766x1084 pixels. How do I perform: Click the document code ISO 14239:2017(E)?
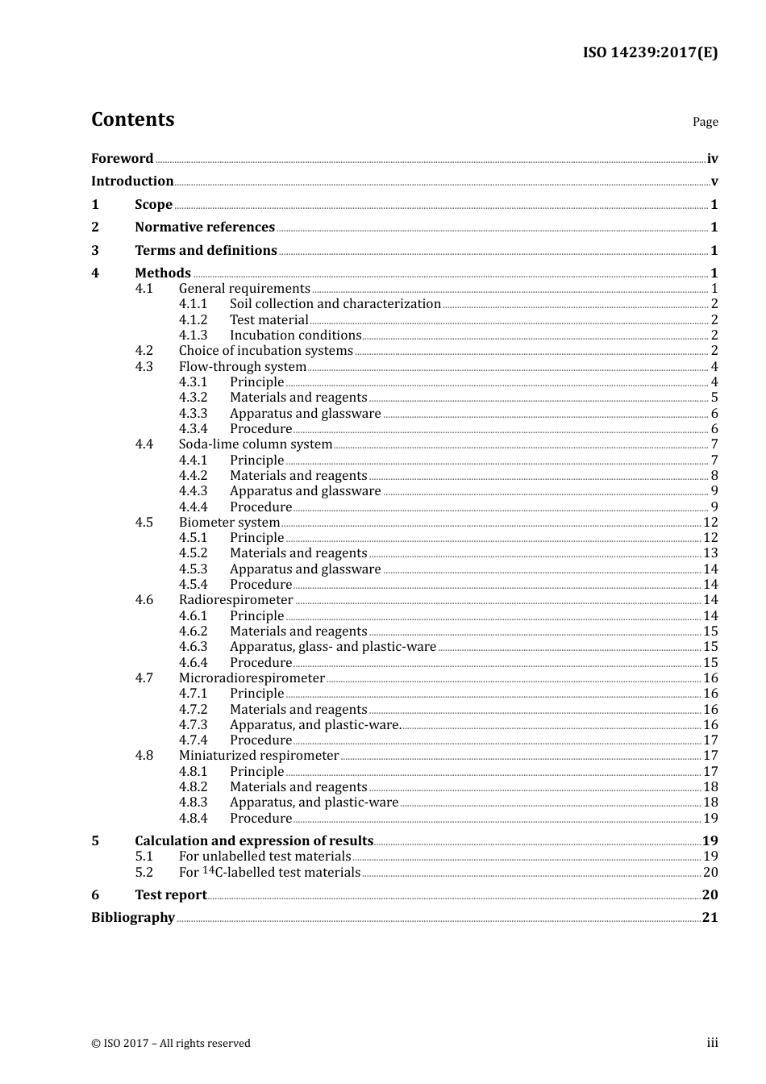650,52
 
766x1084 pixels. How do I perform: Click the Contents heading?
132,119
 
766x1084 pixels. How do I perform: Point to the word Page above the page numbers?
705,122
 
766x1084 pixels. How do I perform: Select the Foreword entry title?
122,158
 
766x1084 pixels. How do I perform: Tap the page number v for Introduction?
714,181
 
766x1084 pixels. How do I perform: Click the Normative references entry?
205,227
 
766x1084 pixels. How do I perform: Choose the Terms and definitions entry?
206,251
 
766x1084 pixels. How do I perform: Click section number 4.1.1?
193,304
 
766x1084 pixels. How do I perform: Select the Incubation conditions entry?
295,336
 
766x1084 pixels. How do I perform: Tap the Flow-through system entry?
243,367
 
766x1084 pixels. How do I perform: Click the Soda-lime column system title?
256,444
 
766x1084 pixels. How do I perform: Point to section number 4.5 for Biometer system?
144,523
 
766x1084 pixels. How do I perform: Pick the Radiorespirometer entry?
235,600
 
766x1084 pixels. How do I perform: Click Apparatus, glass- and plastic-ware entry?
332,647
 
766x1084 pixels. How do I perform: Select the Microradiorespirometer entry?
252,678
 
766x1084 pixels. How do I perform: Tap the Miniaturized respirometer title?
259,756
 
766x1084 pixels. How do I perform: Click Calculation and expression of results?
254,841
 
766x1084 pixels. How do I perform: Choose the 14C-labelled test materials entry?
269,873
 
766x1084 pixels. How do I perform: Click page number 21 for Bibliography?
710,918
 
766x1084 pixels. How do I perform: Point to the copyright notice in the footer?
171,1044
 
